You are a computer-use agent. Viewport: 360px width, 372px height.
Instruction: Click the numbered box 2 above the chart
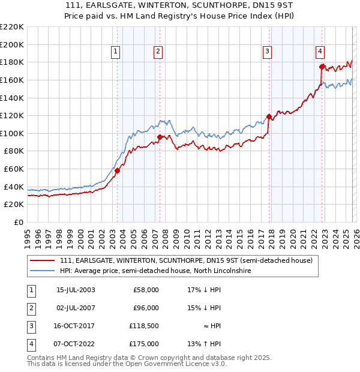[157, 52]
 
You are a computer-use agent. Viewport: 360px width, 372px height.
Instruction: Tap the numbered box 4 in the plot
[320, 52]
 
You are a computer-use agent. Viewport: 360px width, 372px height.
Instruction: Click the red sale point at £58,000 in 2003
[118, 170]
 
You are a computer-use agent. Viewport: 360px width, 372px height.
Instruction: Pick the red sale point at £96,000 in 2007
[160, 137]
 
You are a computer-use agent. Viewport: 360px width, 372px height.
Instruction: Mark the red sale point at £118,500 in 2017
[269, 116]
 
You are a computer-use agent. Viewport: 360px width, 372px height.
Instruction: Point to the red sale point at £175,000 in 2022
[322, 67]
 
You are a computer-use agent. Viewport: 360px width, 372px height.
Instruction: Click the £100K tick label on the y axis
[12, 133]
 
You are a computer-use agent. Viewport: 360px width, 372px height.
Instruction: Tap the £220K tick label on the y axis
[12, 27]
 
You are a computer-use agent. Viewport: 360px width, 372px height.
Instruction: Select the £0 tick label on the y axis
[18, 222]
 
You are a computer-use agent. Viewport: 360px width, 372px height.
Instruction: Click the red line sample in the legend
[42, 261]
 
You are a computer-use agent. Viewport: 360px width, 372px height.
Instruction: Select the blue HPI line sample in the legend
[42, 271]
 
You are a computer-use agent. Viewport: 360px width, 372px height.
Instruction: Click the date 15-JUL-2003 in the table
[75, 290]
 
